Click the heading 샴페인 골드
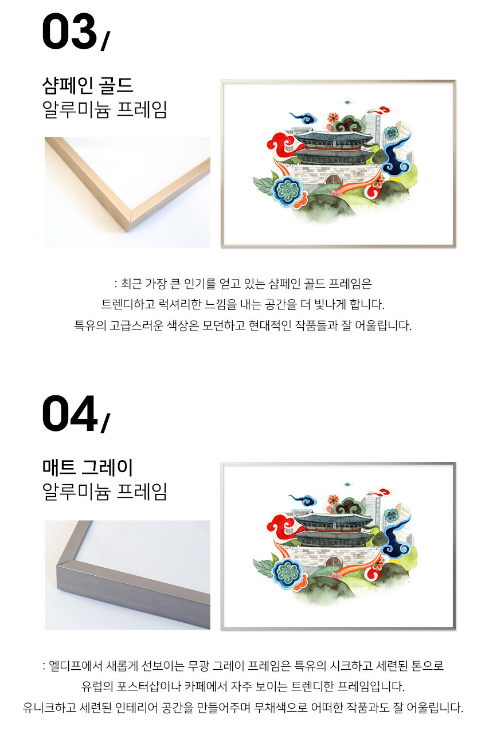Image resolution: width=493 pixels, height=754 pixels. (88, 85)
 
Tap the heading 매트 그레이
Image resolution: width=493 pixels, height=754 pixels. (88, 468)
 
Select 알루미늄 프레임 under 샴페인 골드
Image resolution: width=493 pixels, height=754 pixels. (104, 109)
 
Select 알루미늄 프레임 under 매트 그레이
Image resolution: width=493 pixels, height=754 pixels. (104, 492)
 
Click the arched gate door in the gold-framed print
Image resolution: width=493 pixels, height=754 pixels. (334, 179)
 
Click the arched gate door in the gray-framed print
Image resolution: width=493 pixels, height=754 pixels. (334, 561)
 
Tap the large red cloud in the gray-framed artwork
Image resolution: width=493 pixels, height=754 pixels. (281, 524)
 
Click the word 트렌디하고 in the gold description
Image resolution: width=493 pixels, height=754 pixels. (128, 304)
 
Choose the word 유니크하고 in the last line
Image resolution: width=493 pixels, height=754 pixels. (49, 707)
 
